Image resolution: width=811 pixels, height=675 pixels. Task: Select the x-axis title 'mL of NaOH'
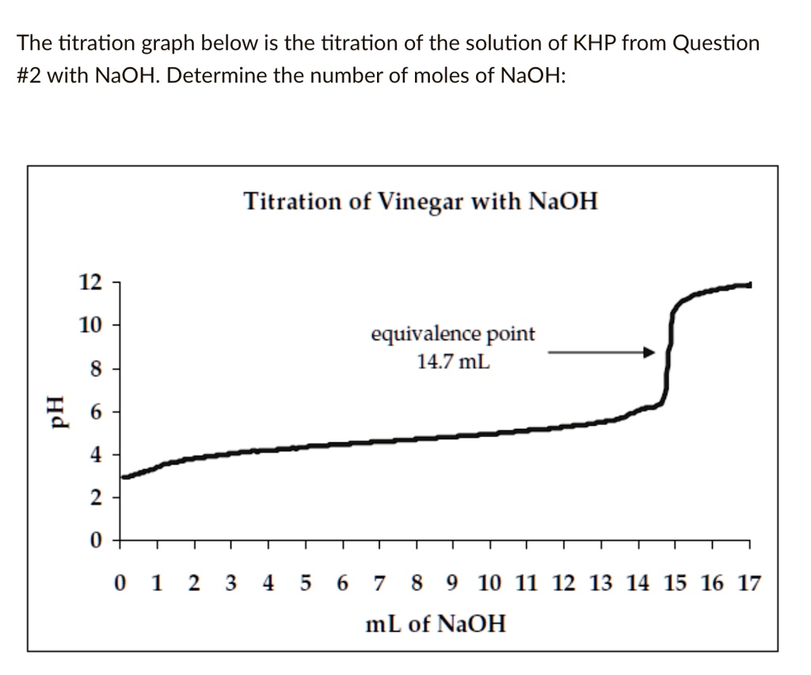coord(435,624)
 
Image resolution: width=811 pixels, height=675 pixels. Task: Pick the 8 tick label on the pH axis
coord(95,369)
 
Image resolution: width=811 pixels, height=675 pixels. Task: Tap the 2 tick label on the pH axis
coord(95,499)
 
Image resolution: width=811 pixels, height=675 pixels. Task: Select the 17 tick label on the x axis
coord(748,585)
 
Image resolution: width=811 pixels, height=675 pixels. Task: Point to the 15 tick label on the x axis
coord(675,585)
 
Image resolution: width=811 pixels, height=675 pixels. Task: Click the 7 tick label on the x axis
coord(379,585)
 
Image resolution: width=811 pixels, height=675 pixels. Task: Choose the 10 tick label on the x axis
coord(489,585)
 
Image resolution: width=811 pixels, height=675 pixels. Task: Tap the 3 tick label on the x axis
coord(230,585)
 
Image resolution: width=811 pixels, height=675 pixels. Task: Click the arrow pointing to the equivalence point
coord(602,353)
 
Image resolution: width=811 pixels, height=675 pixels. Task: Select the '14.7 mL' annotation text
coord(453,362)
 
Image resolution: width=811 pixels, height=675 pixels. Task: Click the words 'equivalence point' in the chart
coord(453,335)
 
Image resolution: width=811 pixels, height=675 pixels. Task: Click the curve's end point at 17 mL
coord(748,285)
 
